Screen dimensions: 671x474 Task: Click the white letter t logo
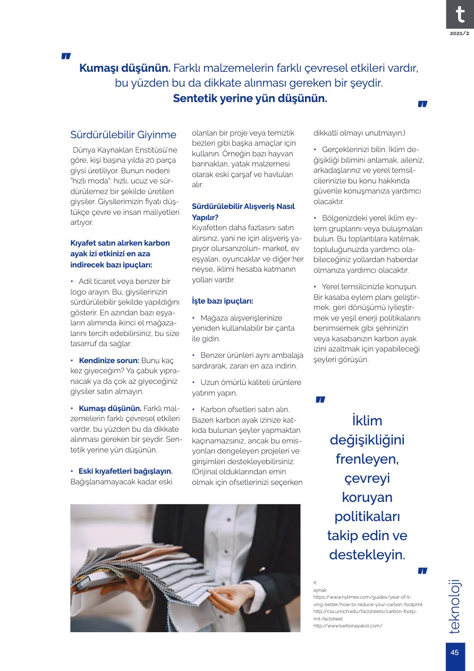[460, 14]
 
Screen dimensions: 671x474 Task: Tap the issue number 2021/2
[460, 33]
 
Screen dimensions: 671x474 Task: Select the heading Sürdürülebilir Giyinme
[123, 135]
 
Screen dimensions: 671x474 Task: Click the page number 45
[455, 653]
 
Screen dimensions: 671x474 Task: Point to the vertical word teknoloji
[455, 606]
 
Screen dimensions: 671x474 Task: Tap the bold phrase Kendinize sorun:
[109, 360]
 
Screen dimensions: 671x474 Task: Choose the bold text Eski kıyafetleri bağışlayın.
[125, 471]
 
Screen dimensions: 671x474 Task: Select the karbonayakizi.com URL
[348, 626]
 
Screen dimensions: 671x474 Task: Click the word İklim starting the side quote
[367, 421]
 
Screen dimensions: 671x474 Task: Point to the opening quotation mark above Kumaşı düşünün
[66, 56]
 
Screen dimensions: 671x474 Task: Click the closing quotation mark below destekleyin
[422, 571]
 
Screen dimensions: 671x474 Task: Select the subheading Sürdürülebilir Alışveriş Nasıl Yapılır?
[243, 211]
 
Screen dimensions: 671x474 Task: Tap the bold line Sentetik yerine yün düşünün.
[250, 98]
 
